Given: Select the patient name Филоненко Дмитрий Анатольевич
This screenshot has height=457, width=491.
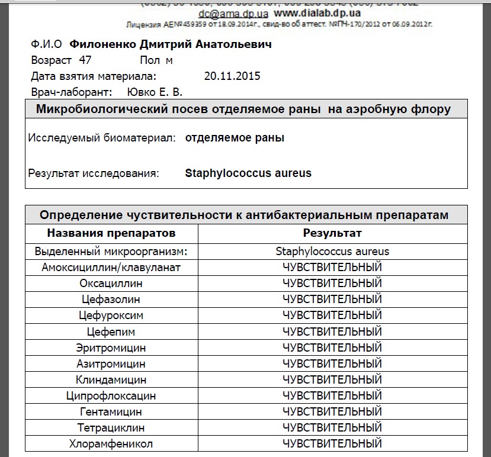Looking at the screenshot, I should click(x=171, y=45).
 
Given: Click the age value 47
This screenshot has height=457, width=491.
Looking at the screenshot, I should click(x=85, y=60).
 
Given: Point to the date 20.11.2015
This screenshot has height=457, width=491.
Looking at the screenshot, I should click(x=232, y=76).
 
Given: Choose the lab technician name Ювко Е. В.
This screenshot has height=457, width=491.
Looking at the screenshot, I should click(x=155, y=92).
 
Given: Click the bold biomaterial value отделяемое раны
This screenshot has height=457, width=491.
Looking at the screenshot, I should click(x=235, y=138).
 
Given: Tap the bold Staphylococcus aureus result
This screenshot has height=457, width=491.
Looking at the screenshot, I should click(x=248, y=173).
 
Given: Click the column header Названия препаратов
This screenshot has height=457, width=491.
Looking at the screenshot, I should click(x=111, y=233).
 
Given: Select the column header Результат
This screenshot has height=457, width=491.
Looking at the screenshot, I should click(x=332, y=233).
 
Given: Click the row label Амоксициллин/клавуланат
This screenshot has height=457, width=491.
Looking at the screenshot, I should click(x=111, y=268).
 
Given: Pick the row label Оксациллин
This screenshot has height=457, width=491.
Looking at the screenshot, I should click(x=111, y=284).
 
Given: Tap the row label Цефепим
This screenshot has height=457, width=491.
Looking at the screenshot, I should click(x=111, y=332).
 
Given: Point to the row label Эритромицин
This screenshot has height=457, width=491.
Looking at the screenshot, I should click(x=111, y=347).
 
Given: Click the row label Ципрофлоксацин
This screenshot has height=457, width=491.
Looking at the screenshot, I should click(x=111, y=395).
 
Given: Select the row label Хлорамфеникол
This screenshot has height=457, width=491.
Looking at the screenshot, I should click(x=111, y=443).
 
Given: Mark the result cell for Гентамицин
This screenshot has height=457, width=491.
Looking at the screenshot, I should click(x=332, y=411).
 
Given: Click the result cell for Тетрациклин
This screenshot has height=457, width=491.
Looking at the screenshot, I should click(x=332, y=427).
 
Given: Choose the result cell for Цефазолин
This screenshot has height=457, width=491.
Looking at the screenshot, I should click(x=332, y=300).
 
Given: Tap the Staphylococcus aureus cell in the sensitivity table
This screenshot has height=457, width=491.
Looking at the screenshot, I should click(x=332, y=251).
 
